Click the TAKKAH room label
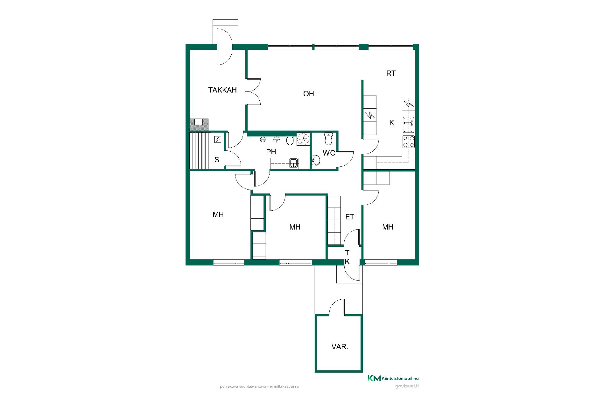click(222, 90)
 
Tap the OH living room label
click(309, 94)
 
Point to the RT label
click(391, 73)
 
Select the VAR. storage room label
click(340, 347)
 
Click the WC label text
click(329, 153)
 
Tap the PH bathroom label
click(271, 152)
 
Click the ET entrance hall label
click(350, 217)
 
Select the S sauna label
click(217, 160)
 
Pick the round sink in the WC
click(316, 160)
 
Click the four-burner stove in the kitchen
click(409, 142)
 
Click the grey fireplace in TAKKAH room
click(199, 125)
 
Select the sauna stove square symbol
click(218, 139)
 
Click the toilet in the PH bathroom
click(290, 140)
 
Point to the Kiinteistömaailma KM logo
click(393, 378)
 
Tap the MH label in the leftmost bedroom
click(218, 215)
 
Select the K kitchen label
click(392, 123)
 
